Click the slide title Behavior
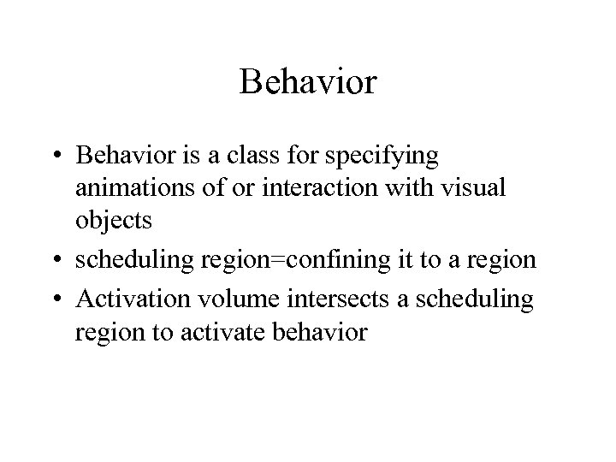(308, 83)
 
